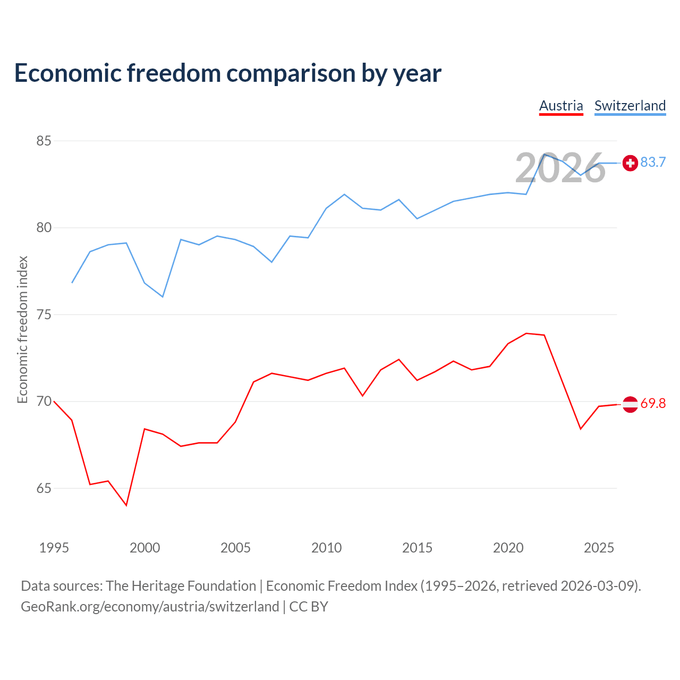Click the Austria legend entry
(x=561, y=106)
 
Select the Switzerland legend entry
(x=630, y=106)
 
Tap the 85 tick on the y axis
(x=44, y=141)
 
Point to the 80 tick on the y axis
(x=44, y=228)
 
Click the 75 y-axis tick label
(x=44, y=314)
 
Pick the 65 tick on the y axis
(x=44, y=488)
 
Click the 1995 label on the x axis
(x=54, y=548)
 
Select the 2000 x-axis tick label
(x=145, y=548)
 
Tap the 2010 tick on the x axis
(x=327, y=548)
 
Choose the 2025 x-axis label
(x=599, y=548)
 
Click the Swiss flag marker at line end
(x=630, y=163)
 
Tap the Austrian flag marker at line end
(x=630, y=404)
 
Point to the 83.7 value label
(x=653, y=162)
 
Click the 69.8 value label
(x=653, y=404)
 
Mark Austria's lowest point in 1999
(x=126, y=505)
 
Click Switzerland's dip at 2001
(x=163, y=296)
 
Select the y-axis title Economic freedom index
(x=22, y=329)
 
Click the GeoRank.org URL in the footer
(x=150, y=607)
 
